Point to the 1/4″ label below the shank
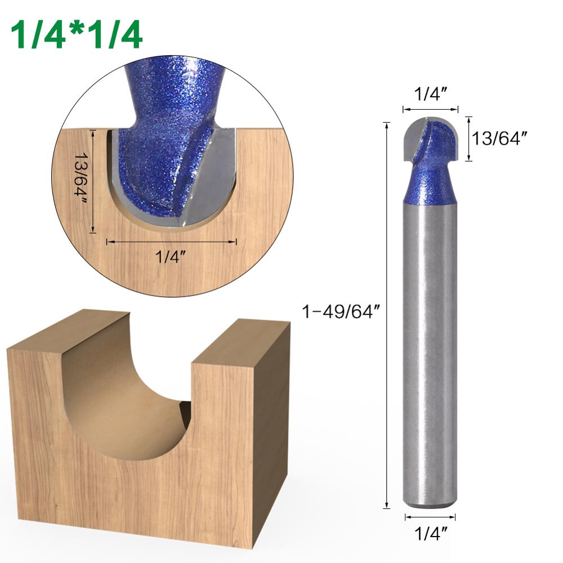[x=430, y=532]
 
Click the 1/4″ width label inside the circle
[x=171, y=257]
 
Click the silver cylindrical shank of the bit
[x=430, y=338]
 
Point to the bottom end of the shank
[x=430, y=503]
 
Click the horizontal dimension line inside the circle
[x=171, y=242]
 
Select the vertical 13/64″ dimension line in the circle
[x=94, y=180]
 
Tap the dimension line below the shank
[x=430, y=516]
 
